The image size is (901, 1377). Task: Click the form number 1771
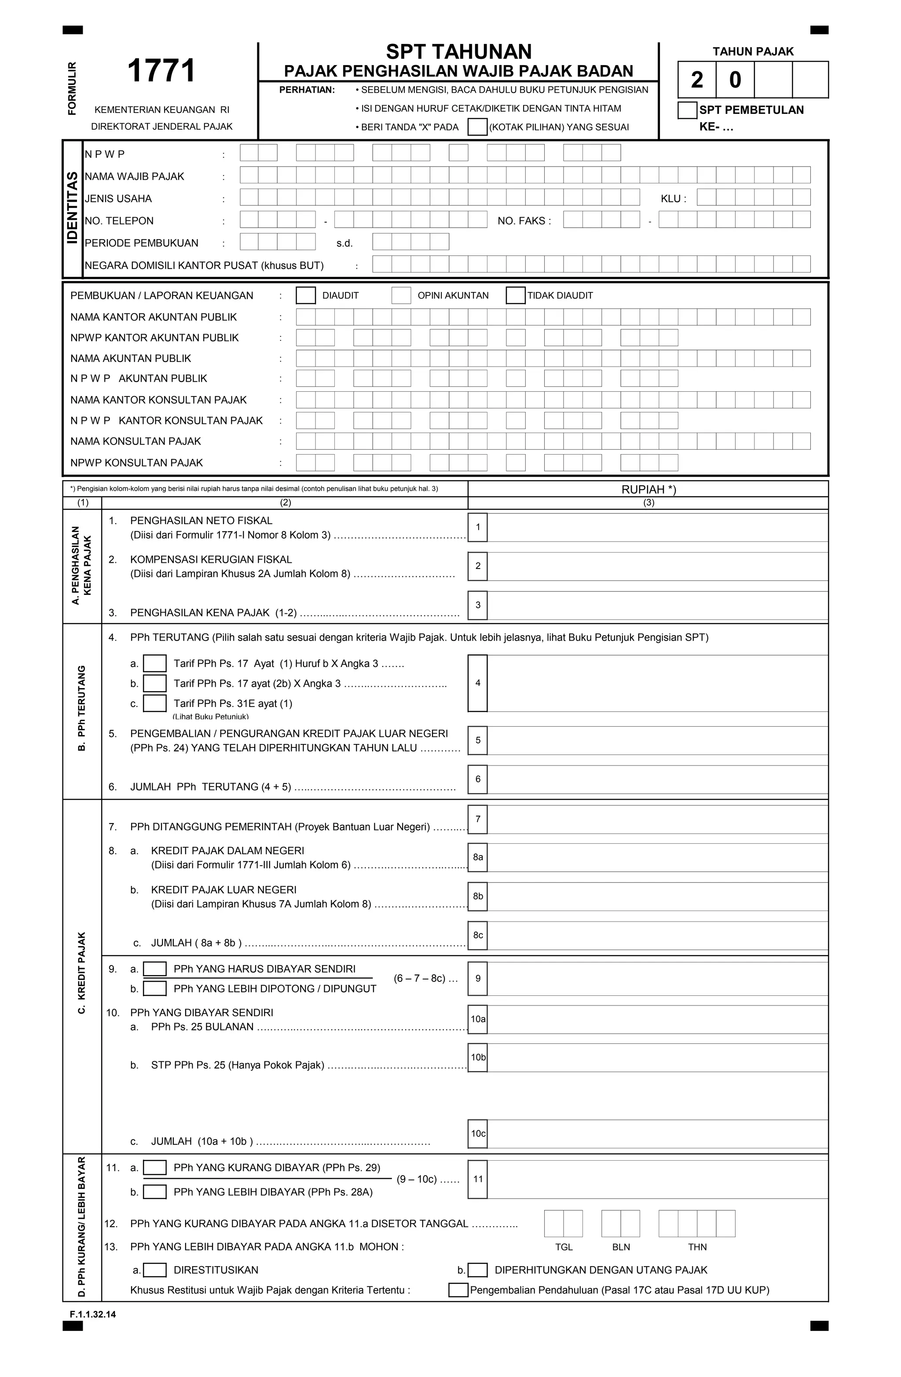[x=161, y=71]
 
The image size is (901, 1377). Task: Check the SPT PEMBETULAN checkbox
[x=687, y=110]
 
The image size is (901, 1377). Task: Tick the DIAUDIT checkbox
[x=305, y=295]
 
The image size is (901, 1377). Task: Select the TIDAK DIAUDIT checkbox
[x=515, y=295]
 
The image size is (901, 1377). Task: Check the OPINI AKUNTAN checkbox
[x=401, y=295]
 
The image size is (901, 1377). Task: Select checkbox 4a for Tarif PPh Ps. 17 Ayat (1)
[x=154, y=663]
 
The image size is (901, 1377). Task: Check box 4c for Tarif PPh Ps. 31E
[x=154, y=703]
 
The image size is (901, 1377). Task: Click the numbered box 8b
[x=478, y=896]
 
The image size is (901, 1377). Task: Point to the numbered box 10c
[x=478, y=1133]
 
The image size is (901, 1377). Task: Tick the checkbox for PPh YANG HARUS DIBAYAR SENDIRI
[x=154, y=969]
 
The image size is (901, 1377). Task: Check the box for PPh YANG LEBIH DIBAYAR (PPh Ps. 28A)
[x=154, y=1192]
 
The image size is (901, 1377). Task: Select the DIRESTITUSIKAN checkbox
[x=154, y=1270]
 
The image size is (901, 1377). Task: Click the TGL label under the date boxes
[x=564, y=1247]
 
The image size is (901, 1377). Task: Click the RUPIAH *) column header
[x=648, y=489]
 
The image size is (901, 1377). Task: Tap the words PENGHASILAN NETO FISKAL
[x=201, y=520]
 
